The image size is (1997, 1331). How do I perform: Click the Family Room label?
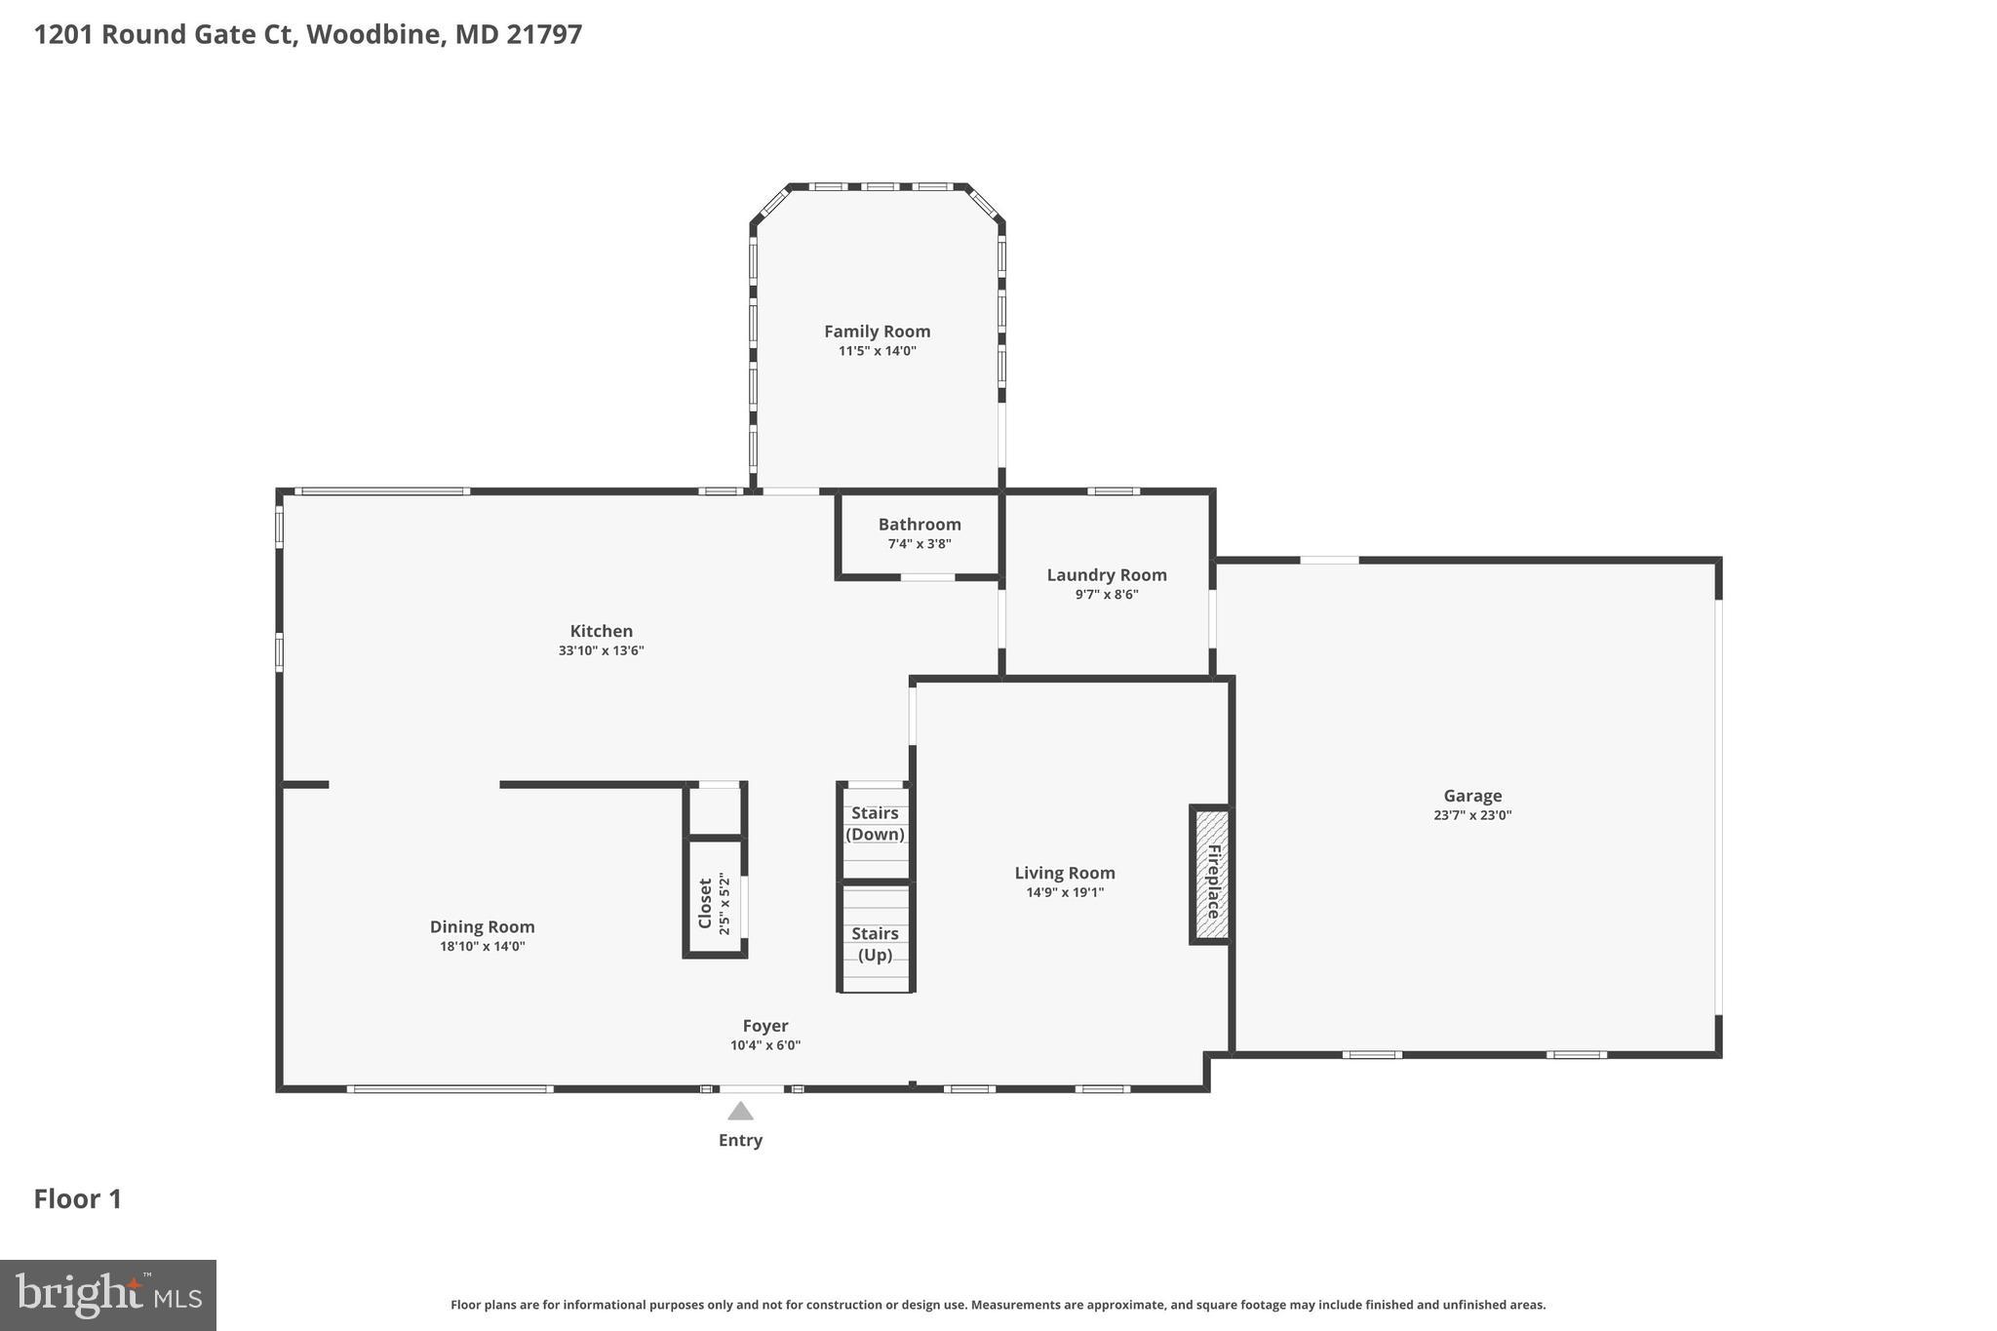[x=877, y=332]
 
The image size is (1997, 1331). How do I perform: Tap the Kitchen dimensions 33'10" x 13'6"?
[x=601, y=651]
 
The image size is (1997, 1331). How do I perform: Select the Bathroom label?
[x=919, y=525]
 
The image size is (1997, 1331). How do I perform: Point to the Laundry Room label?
[x=1106, y=575]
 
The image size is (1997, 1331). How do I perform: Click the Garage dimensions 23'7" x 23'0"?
[x=1471, y=816]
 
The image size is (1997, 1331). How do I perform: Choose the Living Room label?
[x=1064, y=874]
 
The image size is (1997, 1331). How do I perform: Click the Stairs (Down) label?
[x=875, y=823]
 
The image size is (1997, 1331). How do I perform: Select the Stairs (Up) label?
[x=875, y=944]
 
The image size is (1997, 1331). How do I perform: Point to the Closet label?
[x=705, y=903]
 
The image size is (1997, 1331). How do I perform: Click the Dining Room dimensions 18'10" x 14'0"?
[x=482, y=947]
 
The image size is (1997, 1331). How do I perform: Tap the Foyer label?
[x=764, y=1026]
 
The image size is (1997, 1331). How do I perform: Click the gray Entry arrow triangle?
[x=740, y=1112]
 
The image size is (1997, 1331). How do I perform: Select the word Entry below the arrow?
[x=740, y=1140]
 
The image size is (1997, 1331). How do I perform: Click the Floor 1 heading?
[x=78, y=1198]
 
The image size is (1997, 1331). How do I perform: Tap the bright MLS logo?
[x=108, y=1295]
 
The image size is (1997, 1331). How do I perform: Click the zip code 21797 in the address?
[x=544, y=34]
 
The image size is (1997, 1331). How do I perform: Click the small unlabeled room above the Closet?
[x=716, y=809]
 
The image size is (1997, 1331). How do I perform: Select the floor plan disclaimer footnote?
[x=998, y=1305]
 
